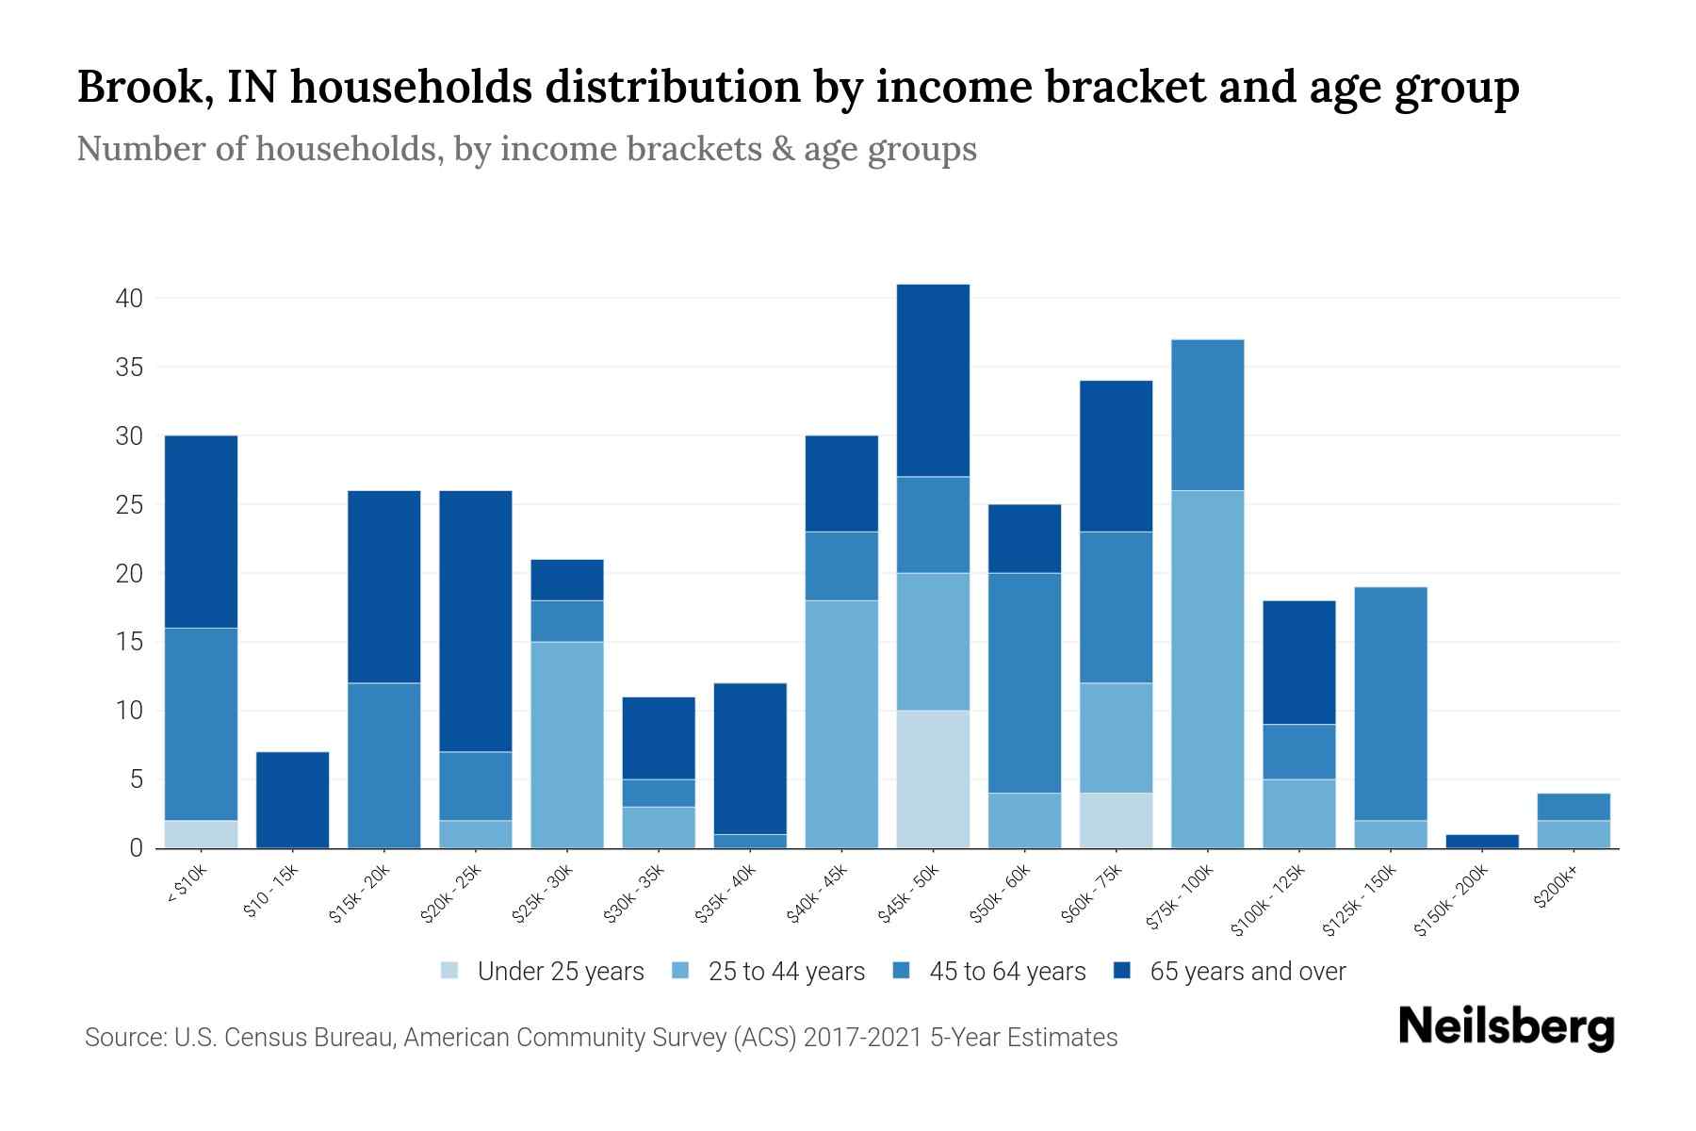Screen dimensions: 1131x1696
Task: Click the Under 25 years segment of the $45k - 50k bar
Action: coord(933,779)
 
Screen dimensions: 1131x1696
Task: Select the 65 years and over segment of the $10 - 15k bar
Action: coord(292,800)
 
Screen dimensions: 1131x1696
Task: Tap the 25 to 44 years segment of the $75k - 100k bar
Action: coord(1207,669)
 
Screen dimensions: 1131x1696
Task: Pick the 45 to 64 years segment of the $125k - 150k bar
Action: coord(1390,703)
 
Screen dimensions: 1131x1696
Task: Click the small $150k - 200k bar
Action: coord(1481,841)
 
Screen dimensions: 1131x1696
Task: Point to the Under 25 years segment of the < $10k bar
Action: coord(201,834)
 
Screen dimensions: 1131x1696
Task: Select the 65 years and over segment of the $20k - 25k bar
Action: coord(476,621)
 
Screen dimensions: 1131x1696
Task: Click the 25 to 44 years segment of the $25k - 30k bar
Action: coord(567,745)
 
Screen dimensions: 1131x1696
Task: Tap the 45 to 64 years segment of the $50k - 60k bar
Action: coord(1024,682)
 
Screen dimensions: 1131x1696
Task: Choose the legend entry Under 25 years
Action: coord(560,972)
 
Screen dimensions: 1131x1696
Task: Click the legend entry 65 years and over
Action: coord(1247,972)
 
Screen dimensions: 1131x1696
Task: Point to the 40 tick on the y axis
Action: coord(129,299)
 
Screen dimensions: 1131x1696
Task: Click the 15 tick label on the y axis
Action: coord(129,643)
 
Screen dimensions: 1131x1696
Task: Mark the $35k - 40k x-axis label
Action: coord(726,895)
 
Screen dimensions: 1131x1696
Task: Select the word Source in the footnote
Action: coord(124,1038)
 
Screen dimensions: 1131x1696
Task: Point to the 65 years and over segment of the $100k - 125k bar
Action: coord(1298,663)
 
